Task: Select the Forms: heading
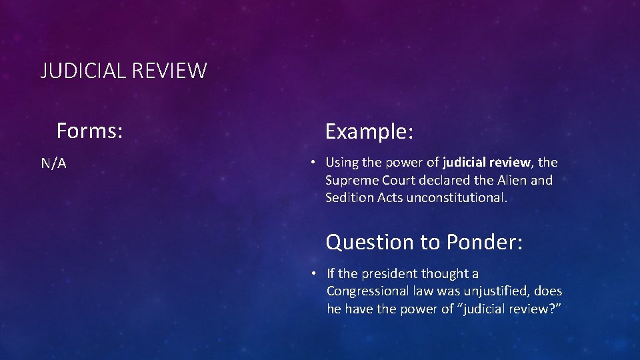coord(89,131)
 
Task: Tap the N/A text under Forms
coord(53,163)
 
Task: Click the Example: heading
coord(369,131)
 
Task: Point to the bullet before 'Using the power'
coord(311,162)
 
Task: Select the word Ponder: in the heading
coord(485,242)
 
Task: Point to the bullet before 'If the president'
coord(312,273)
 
